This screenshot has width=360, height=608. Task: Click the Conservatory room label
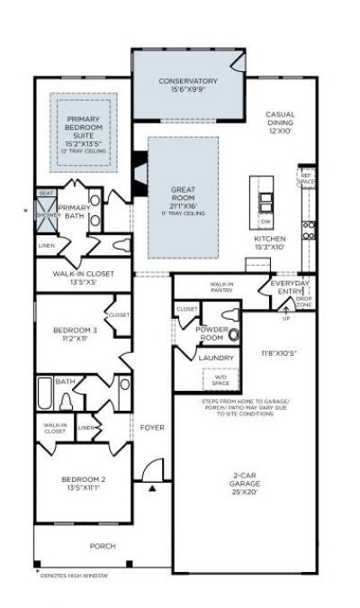188,84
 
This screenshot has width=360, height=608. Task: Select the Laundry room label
216,358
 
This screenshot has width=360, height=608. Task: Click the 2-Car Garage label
245,486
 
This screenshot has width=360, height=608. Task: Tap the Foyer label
152,427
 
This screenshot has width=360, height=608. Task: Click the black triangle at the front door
153,487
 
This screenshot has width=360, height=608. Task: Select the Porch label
102,546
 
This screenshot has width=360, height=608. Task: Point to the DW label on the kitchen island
265,221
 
